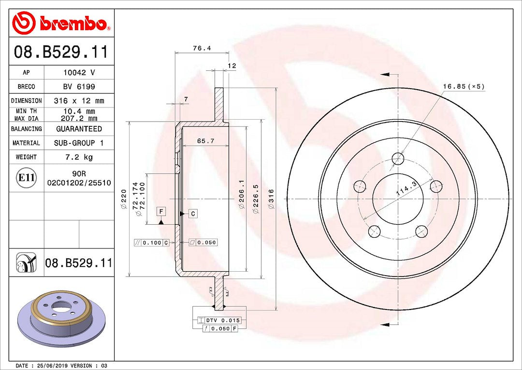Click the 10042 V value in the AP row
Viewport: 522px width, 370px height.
[79, 72]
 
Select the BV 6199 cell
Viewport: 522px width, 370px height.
[79, 87]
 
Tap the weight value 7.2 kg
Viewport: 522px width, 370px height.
[79, 157]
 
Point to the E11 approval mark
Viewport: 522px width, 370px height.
[26, 178]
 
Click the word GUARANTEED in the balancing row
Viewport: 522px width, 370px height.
[79, 129]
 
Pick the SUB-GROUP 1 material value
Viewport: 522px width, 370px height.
[79, 143]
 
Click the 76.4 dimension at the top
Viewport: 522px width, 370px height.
[202, 48]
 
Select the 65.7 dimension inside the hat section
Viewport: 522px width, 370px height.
[205, 141]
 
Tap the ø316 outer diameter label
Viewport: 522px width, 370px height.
[271, 199]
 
